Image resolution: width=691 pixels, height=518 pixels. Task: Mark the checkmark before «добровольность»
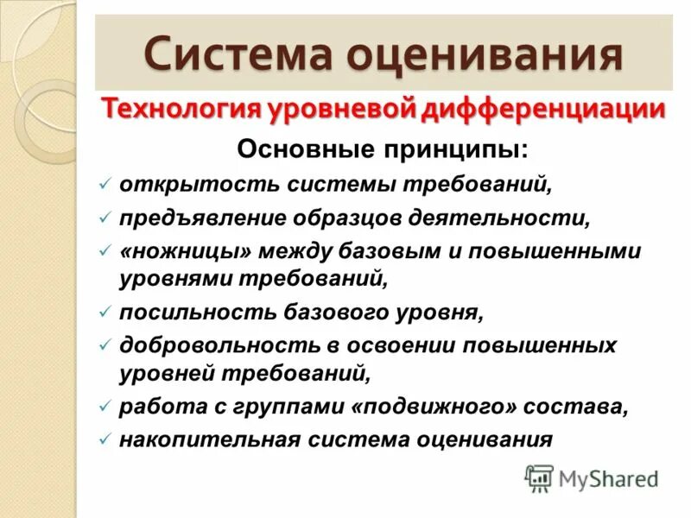click(x=104, y=345)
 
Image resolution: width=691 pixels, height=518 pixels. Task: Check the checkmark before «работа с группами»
click(x=104, y=407)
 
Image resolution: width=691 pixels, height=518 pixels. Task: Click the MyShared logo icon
click(x=539, y=477)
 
